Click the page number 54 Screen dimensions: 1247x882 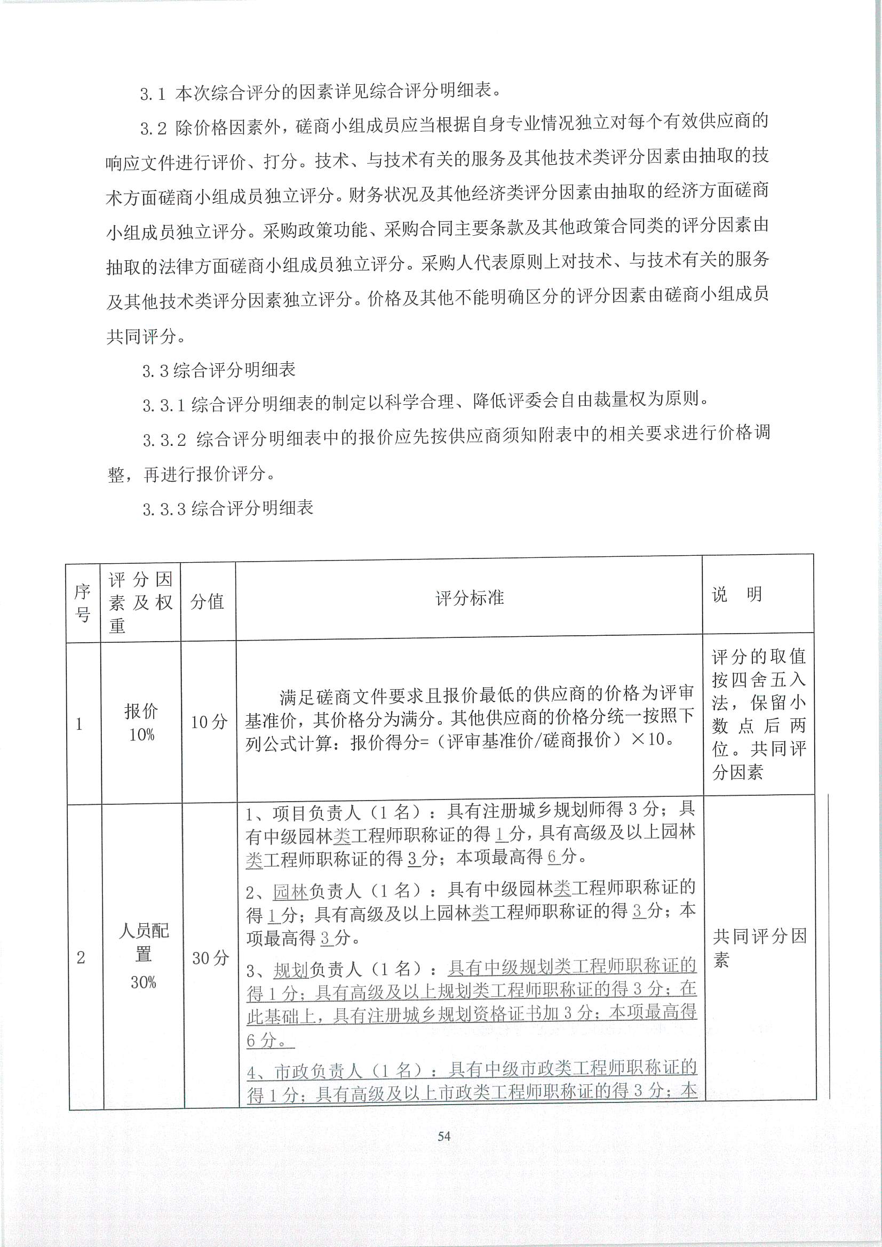click(443, 1136)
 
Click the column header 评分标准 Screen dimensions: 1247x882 click(470, 598)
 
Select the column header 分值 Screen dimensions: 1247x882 click(208, 601)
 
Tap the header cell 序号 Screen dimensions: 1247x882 click(83, 602)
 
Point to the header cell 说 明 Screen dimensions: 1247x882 click(737, 594)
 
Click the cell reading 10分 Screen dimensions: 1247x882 click(209, 722)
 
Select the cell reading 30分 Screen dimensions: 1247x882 click(210, 958)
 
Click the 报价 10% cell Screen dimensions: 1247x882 click(141, 722)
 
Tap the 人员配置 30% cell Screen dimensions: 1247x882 click(144, 957)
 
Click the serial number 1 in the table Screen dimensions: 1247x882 click(80, 724)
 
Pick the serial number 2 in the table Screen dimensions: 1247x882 click(81, 958)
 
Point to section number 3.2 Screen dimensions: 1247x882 click(153, 129)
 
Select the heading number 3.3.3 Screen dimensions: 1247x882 click(164, 509)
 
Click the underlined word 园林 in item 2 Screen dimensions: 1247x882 click(291, 891)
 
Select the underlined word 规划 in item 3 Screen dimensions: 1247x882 click(291, 970)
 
